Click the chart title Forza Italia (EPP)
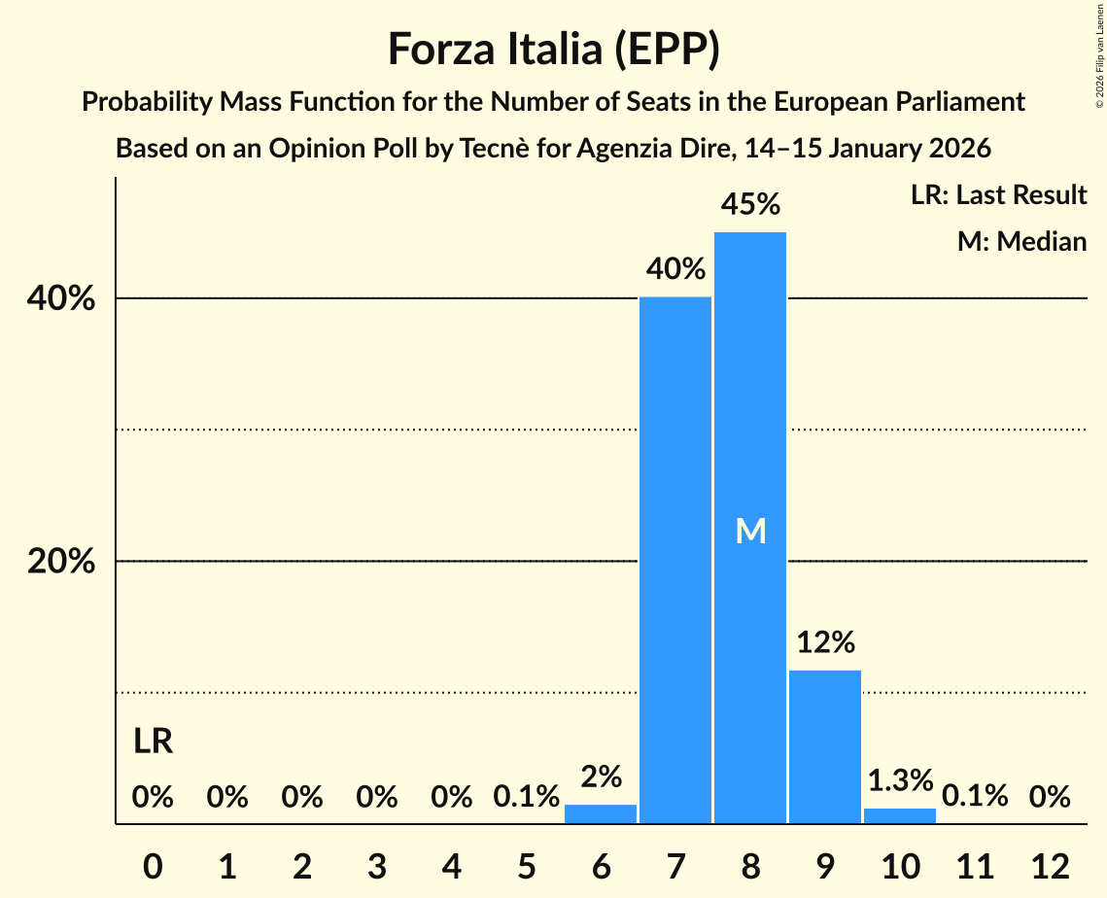point(553,49)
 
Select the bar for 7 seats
point(675,560)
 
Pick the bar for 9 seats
point(825,746)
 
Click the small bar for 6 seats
point(601,814)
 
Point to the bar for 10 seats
point(900,816)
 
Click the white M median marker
point(750,531)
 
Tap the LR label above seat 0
point(153,742)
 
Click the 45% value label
point(750,204)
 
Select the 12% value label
point(825,642)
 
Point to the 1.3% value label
point(900,779)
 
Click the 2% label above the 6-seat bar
point(601,777)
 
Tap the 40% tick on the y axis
point(61,299)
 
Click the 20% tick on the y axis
point(61,562)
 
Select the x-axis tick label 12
point(1050,865)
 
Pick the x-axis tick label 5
point(526,865)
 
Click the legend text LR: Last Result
point(998,194)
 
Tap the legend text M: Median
point(1021,241)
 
